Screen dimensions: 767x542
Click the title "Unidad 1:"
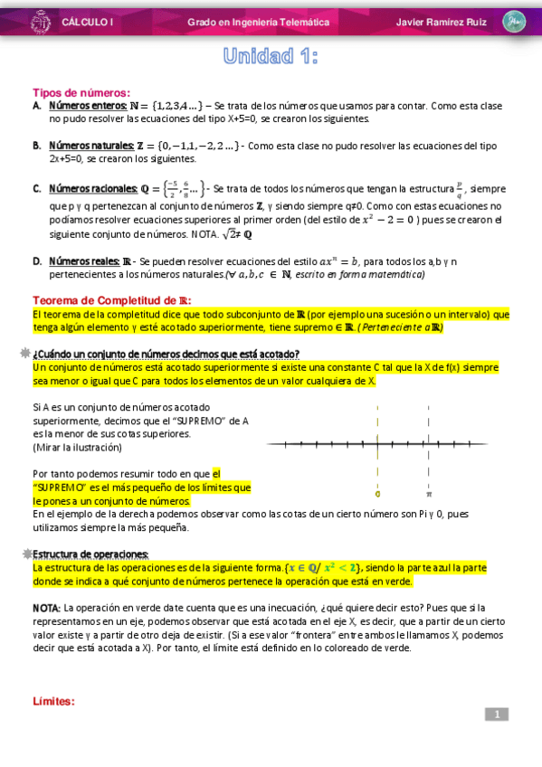point(271,57)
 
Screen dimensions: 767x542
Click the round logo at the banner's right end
point(514,21)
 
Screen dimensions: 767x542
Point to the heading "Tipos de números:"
point(81,92)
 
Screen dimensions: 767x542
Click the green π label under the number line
point(429,494)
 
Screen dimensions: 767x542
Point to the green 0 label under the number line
point(377,494)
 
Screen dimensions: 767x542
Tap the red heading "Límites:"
point(53,701)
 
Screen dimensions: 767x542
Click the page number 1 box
point(497,715)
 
